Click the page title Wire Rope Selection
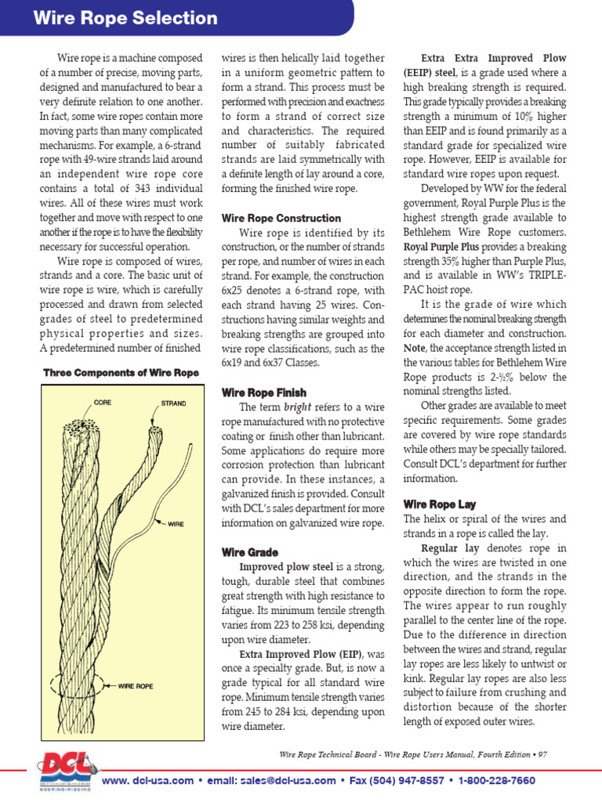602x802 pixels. point(125,18)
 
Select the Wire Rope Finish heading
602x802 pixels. point(264,392)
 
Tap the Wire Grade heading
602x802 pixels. point(250,552)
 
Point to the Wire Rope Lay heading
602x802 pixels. point(440,504)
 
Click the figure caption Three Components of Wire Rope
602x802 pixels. point(121,373)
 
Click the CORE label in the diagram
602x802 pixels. point(102,403)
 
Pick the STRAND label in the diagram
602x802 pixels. point(173,403)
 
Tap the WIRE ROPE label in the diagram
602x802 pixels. point(136,685)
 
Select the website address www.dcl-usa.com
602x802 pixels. point(147,781)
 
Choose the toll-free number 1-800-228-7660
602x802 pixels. point(497,781)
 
